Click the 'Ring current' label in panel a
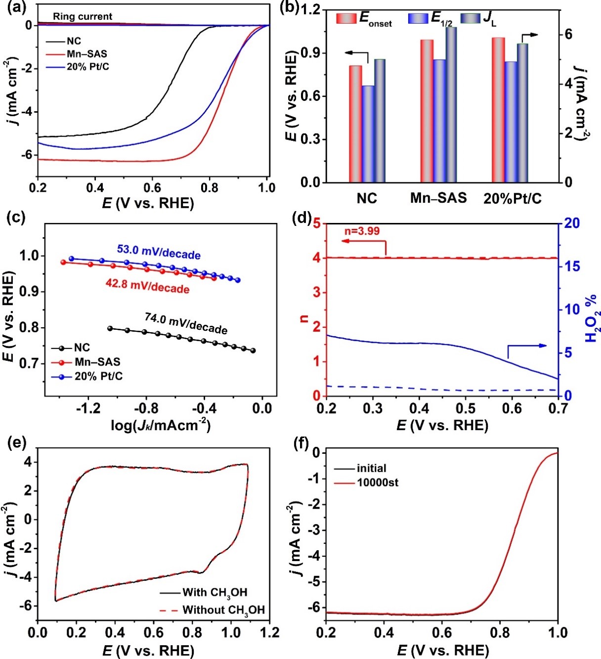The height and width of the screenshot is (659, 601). pos(83,16)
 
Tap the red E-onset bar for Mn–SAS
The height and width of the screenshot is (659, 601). pos(427,111)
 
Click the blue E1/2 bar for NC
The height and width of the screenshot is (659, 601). pos(368,133)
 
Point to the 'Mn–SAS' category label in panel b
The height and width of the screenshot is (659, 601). pos(438,198)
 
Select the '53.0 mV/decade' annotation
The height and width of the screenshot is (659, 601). pos(159,252)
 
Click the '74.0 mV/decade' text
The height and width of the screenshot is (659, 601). pos(186,324)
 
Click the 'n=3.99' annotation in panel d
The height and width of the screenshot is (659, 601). pos(362,231)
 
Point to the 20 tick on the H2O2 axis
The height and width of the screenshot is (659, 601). pos(573,223)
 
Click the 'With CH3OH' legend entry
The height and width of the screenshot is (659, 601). pos(215,592)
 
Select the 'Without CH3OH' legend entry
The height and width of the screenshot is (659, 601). pos(223,610)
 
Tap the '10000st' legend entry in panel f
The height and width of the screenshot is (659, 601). pos(378,482)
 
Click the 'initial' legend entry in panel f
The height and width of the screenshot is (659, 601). pos(371,468)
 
